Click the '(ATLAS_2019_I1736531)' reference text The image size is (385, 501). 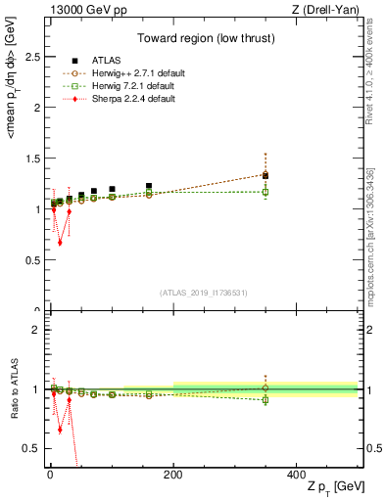tap(202, 294)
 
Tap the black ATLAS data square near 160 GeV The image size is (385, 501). tap(149, 186)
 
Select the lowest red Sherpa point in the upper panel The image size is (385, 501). tap(60, 243)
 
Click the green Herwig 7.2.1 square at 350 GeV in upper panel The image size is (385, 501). tap(265, 192)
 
